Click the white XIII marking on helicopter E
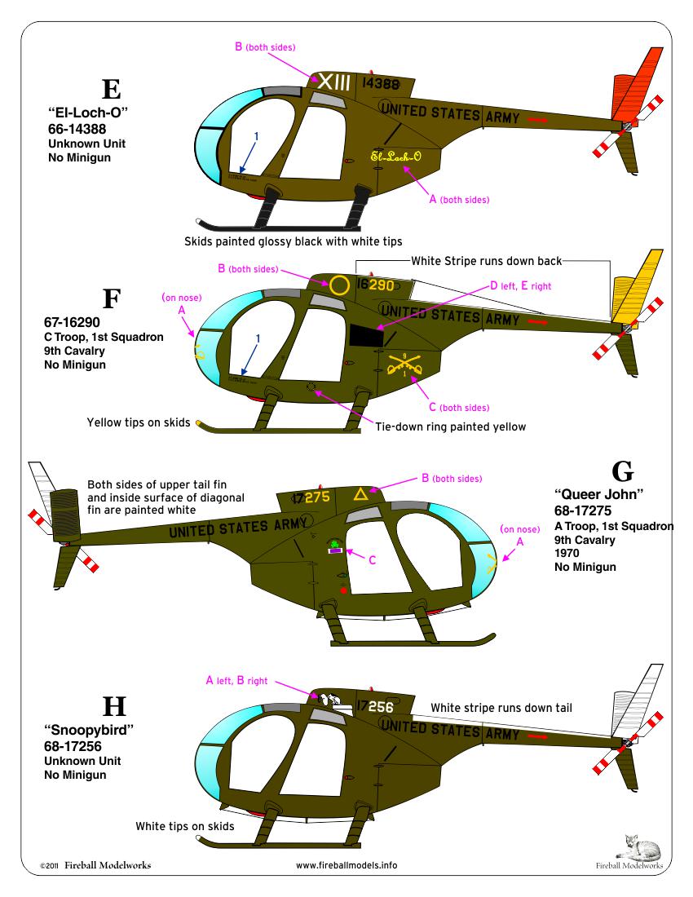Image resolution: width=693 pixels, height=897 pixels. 334,82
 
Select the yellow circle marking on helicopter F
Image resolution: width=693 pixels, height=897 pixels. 339,285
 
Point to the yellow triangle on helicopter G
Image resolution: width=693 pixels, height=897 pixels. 359,493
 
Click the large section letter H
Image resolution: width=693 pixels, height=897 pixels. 108,707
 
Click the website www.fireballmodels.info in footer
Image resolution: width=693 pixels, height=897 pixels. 346,865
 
